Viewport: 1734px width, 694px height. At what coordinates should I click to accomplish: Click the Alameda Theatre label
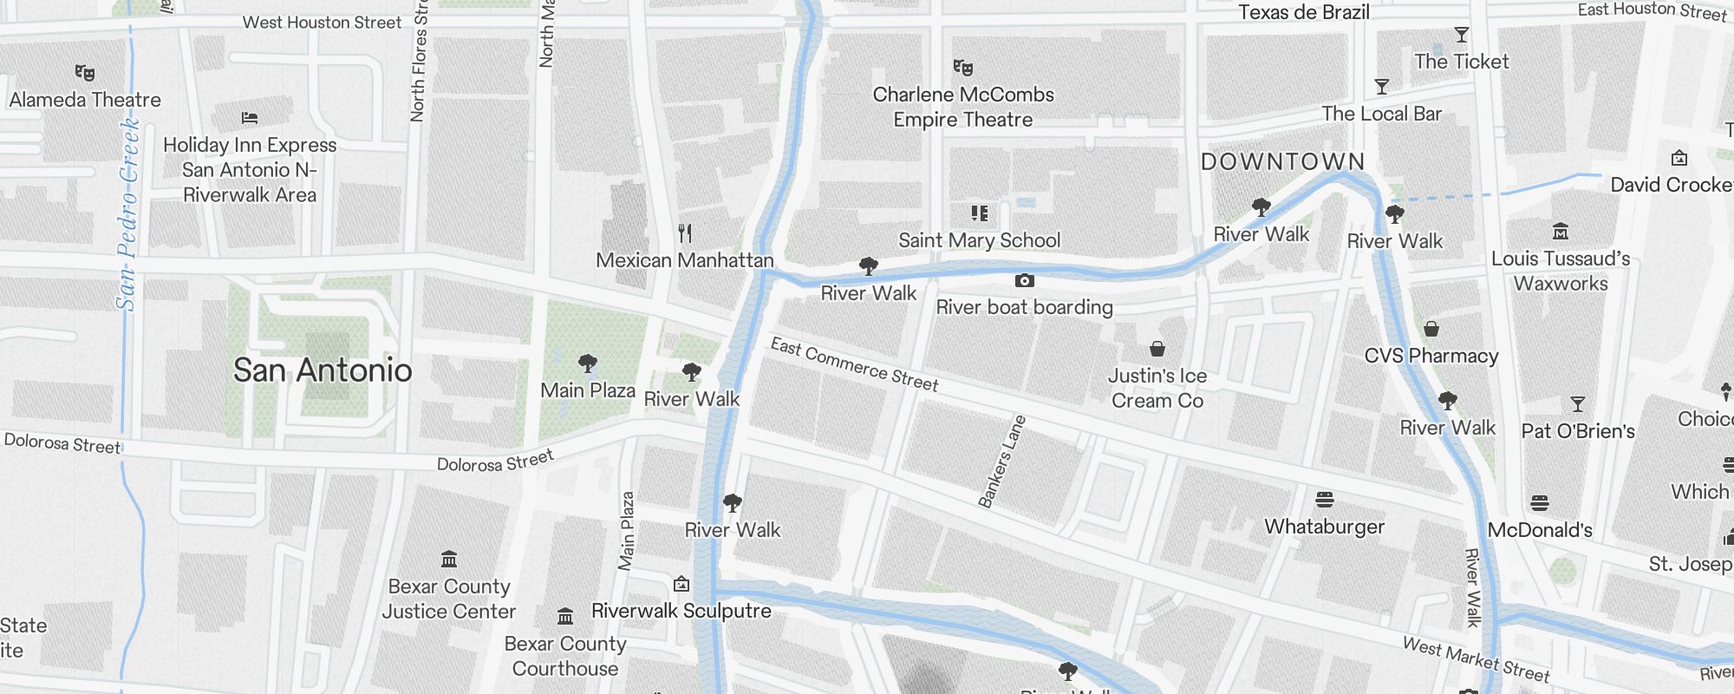point(85,100)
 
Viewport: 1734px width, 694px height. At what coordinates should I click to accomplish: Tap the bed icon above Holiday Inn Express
point(250,118)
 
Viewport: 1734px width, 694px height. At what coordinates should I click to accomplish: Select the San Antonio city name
point(323,370)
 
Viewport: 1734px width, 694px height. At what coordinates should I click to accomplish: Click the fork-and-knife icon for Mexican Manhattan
point(685,232)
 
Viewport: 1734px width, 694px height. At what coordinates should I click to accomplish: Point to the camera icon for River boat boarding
point(1024,281)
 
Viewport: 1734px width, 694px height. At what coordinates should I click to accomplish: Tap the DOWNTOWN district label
point(1282,162)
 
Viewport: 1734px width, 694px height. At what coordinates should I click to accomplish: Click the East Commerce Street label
point(854,364)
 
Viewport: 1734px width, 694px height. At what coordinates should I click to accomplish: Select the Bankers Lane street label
point(1002,462)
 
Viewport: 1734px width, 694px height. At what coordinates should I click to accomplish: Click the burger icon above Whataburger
point(1324,500)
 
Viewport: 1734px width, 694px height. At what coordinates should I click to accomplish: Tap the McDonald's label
point(1540,530)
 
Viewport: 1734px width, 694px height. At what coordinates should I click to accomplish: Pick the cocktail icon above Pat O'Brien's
point(1578,404)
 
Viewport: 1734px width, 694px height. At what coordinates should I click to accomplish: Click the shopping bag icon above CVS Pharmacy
point(1431,329)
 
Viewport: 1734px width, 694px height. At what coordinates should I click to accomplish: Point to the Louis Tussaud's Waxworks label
point(1560,271)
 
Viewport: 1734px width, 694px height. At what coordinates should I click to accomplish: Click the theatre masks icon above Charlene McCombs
point(962,68)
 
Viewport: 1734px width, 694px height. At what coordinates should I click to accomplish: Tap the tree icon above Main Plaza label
point(588,363)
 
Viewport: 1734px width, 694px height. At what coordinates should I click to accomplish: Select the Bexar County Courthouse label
point(565,656)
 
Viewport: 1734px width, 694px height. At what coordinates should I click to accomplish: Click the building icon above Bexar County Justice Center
point(449,559)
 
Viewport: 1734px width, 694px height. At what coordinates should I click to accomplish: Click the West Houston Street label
point(322,23)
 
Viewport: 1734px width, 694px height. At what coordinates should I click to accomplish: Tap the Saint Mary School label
point(979,240)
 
